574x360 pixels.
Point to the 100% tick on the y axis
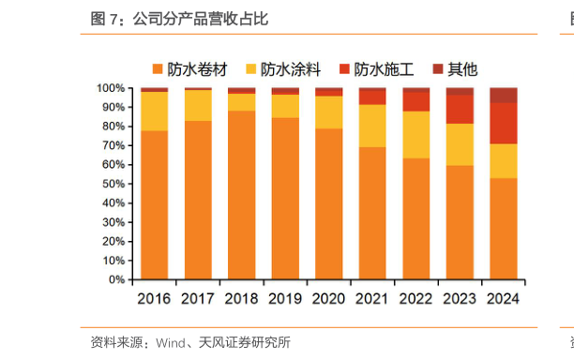pos(110,87)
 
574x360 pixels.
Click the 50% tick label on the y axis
pos(113,184)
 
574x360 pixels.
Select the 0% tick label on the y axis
pos(116,279)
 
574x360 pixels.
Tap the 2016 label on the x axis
pos(154,299)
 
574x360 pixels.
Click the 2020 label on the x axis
pos(328,299)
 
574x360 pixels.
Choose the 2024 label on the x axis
pos(503,299)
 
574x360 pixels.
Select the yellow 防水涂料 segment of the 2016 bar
pos(154,111)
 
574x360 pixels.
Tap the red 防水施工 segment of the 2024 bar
pos(503,123)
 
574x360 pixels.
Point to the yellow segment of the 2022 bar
pos(415,135)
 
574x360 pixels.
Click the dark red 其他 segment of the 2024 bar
pos(503,95)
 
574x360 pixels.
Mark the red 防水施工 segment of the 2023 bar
pos(460,109)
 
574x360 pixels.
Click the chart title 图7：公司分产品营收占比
pos(178,19)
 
